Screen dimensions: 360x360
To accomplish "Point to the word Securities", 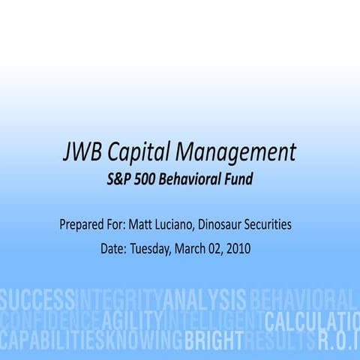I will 271,223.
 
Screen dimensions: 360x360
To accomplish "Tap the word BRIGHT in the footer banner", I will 214,341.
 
